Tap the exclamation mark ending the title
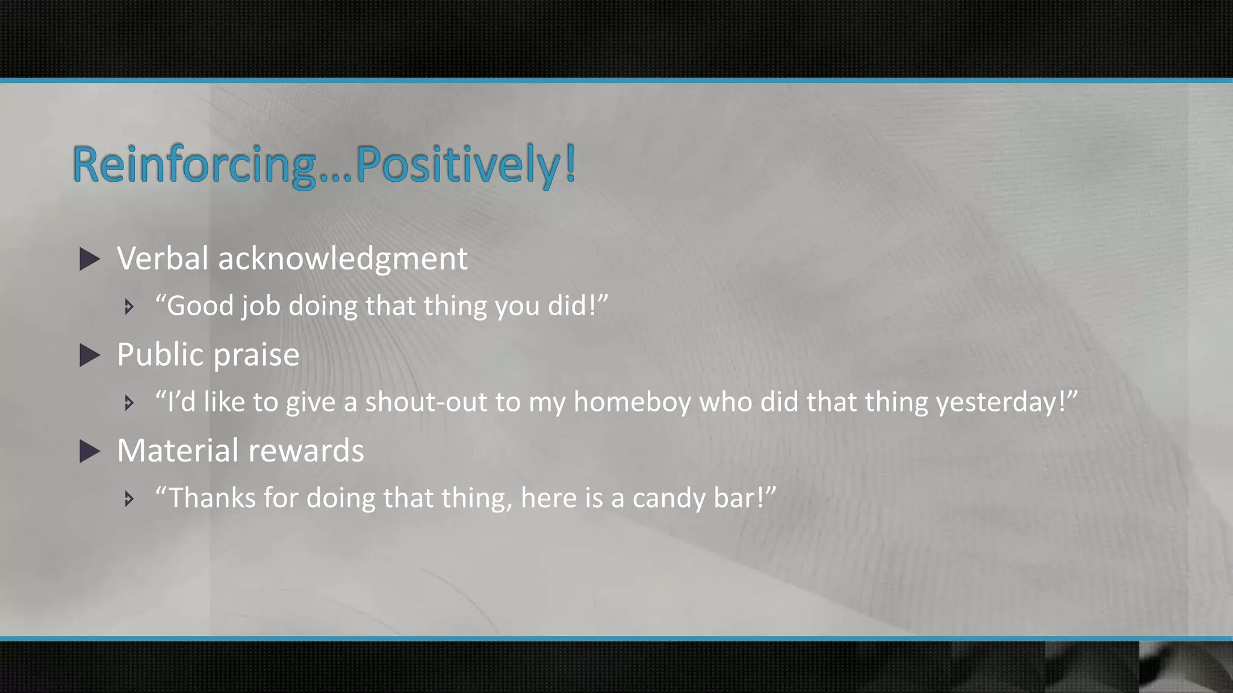pyautogui.click(x=570, y=164)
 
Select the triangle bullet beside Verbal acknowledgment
pyautogui.click(x=90, y=259)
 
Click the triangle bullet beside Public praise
pyautogui.click(x=90, y=356)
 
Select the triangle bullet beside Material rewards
pyautogui.click(x=90, y=451)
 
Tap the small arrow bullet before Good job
pyautogui.click(x=129, y=307)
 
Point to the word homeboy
pyautogui.click(x=632, y=402)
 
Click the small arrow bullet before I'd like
pyautogui.click(x=129, y=402)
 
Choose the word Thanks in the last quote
pyautogui.click(x=211, y=498)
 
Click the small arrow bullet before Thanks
pyautogui.click(x=129, y=499)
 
